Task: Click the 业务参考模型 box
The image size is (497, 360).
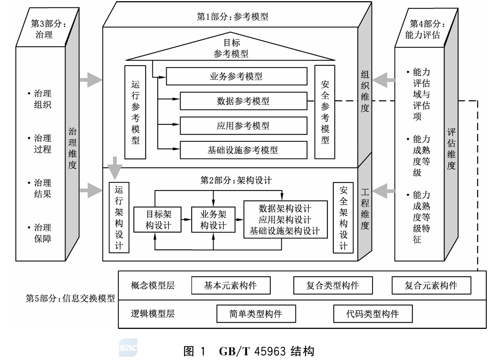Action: click(x=236, y=76)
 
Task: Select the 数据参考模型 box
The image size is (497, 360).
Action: click(x=243, y=101)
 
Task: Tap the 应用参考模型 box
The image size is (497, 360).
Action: click(x=243, y=126)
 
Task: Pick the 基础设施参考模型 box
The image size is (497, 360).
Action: click(x=243, y=150)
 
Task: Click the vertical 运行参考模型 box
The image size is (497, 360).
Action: click(x=135, y=112)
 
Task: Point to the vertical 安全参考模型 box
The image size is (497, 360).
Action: click(x=325, y=112)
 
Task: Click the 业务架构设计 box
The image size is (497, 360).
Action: click(x=213, y=219)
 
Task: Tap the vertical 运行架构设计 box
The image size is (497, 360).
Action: click(x=118, y=218)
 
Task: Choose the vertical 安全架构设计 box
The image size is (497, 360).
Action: click(x=343, y=218)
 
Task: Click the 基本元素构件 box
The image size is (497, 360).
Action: click(x=231, y=285)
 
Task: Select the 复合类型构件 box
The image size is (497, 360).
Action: click(x=333, y=285)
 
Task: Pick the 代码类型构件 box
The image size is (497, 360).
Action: click(x=373, y=314)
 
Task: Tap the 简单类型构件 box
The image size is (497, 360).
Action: click(x=256, y=314)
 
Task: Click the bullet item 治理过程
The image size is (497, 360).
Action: click(x=42, y=144)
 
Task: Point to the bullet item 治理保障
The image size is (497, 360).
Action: click(x=42, y=233)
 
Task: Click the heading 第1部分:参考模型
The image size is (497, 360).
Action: click(x=233, y=17)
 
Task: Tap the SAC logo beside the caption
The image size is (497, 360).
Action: click(x=128, y=348)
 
